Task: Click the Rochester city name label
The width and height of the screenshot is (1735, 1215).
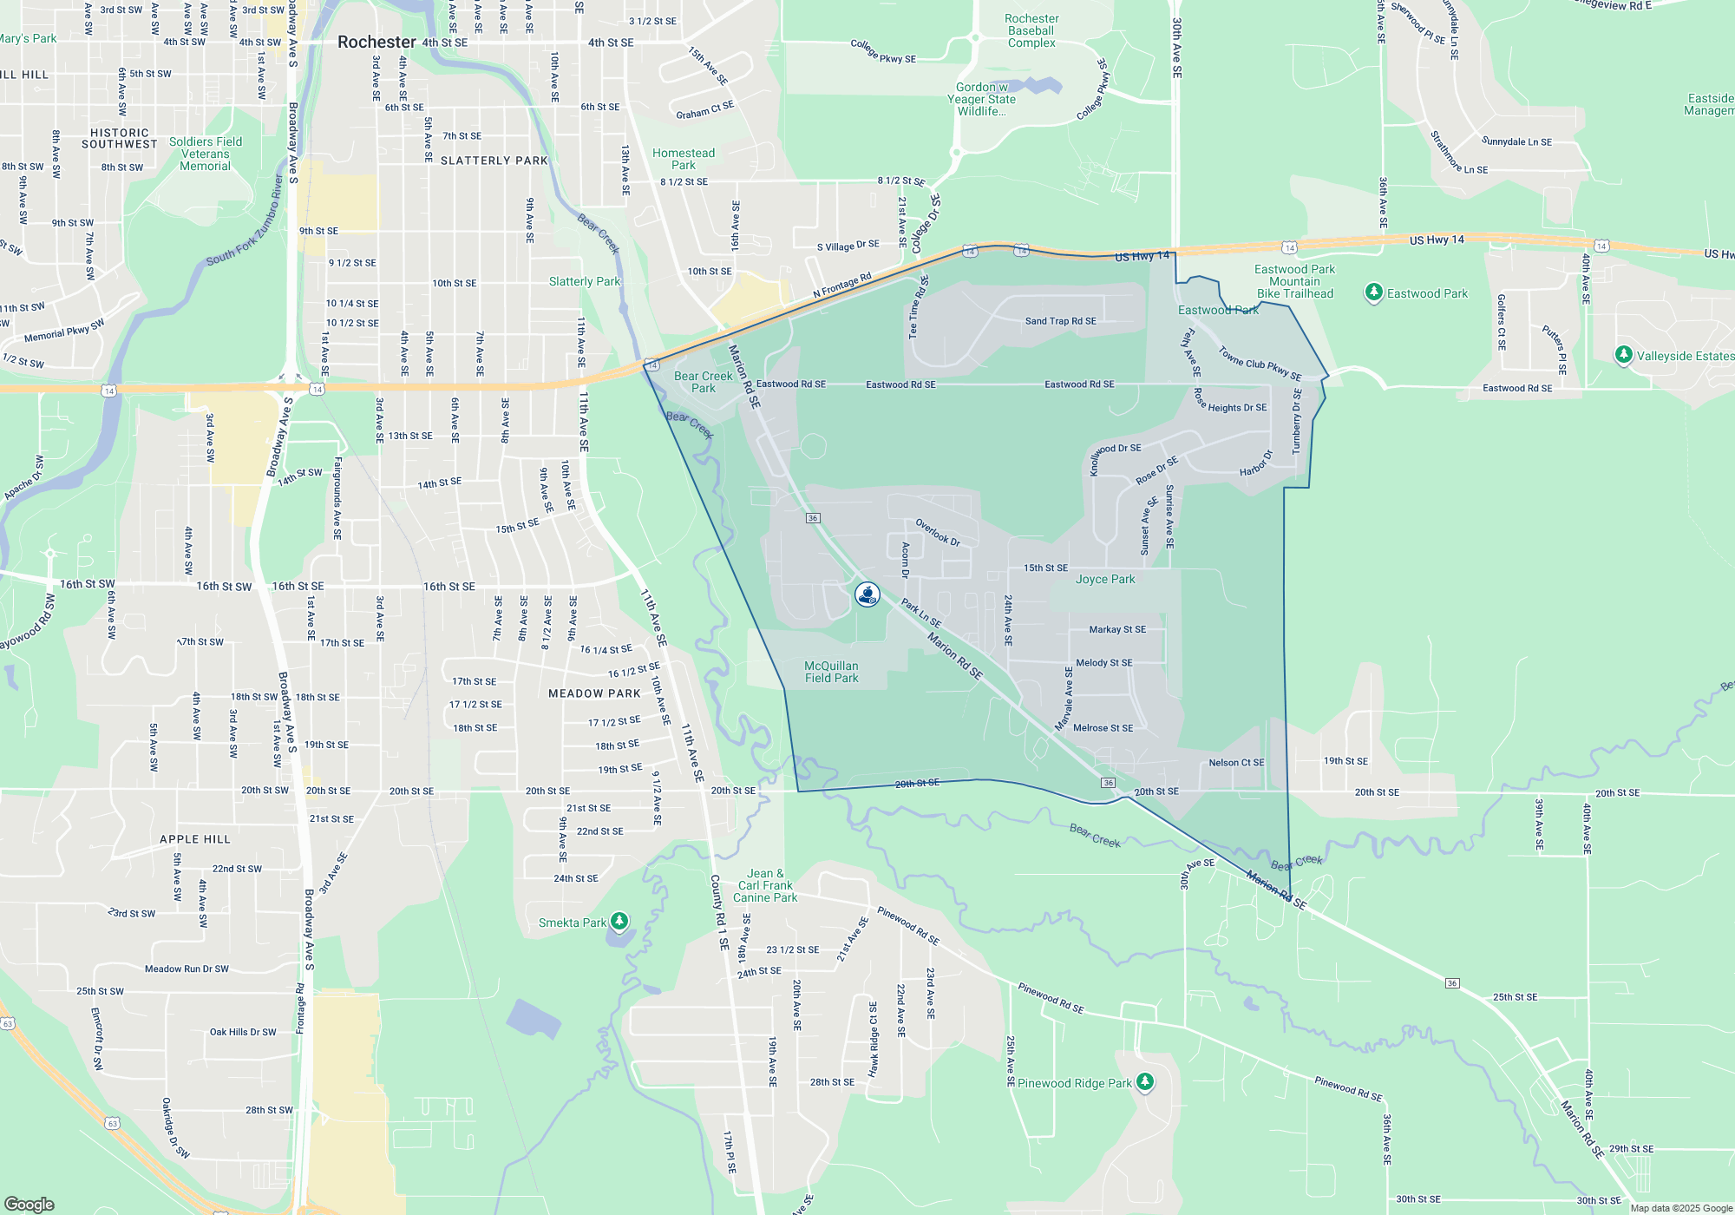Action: (376, 42)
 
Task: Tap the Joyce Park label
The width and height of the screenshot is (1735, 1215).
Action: (1105, 579)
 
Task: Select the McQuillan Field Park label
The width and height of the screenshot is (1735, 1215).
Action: (831, 672)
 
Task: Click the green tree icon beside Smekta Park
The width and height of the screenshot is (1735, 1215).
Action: (619, 920)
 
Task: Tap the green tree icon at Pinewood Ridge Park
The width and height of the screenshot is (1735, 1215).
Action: (1145, 1081)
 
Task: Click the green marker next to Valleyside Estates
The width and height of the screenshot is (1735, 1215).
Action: (1623, 355)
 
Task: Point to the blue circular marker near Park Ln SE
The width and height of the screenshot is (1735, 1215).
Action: (867, 594)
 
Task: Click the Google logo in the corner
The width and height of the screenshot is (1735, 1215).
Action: (29, 1204)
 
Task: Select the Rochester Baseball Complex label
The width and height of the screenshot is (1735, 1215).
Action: (1031, 30)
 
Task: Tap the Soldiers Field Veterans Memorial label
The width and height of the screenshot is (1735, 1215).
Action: (206, 154)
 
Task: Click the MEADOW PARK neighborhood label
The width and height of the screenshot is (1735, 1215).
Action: (594, 693)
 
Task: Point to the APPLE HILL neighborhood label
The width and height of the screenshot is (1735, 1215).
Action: (195, 839)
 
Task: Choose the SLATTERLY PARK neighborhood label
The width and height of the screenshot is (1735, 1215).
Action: (494, 161)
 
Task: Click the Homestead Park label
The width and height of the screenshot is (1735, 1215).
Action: (684, 159)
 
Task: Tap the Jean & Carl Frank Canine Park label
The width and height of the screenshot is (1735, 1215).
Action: (765, 885)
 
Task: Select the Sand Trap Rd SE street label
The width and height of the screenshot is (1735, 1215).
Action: (1060, 321)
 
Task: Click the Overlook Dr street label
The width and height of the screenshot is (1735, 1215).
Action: (938, 532)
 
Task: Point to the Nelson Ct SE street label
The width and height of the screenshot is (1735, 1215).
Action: (1236, 763)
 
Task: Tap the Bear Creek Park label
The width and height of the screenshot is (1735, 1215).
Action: (704, 382)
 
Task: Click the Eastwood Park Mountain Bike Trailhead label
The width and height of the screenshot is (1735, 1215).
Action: (1294, 281)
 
